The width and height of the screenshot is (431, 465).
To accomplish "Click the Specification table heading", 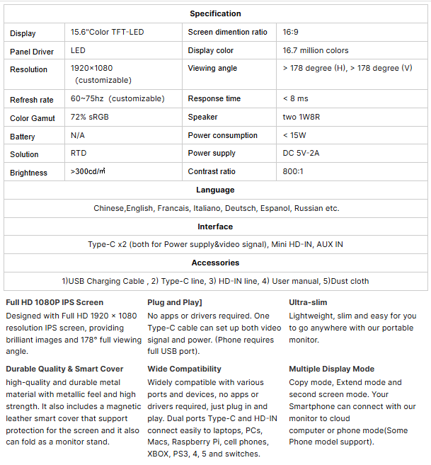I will (215, 13).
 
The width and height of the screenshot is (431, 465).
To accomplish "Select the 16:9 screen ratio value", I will (292, 32).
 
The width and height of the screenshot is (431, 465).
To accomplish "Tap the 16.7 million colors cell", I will (315, 50).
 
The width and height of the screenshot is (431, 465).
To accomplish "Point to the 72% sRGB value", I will (89, 117).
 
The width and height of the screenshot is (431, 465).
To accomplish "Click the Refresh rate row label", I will (31, 100).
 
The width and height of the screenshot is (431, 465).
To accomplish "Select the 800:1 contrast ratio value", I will (293, 171).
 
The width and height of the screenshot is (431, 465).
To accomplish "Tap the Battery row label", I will (23, 137).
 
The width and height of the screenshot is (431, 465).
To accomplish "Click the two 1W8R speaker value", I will (301, 117).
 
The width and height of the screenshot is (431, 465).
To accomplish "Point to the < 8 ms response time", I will (295, 98).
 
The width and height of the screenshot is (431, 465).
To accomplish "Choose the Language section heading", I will (215, 190).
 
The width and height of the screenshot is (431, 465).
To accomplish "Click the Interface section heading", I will (215, 226).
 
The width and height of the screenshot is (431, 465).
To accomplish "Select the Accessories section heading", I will (215, 263).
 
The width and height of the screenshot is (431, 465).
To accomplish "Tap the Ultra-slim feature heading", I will (308, 302).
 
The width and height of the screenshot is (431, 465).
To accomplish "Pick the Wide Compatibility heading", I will (184, 369).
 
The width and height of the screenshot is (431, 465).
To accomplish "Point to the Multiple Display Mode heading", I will (331, 369).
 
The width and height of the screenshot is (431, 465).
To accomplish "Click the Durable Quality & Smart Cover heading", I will (64, 369).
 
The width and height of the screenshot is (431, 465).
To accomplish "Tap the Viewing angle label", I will (212, 69).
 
